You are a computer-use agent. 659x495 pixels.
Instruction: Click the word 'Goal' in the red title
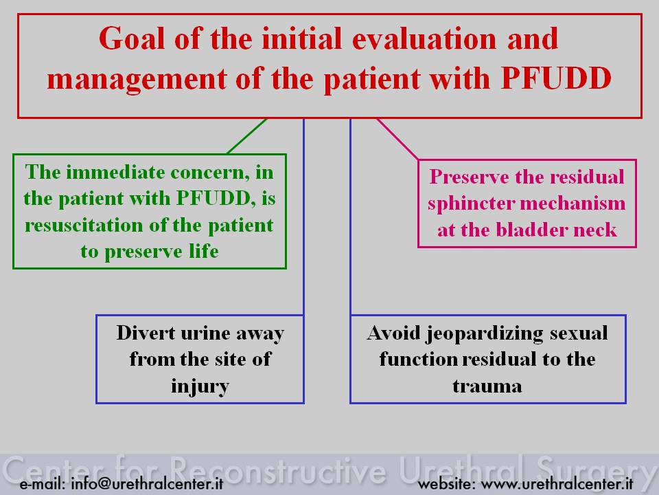131,38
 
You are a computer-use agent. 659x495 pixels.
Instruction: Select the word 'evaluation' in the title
424,38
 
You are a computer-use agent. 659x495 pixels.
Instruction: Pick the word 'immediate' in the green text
115,172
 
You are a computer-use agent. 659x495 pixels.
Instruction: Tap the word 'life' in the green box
203,252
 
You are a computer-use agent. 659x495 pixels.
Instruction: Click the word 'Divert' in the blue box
146,333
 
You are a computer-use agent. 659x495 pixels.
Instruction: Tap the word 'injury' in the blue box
200,387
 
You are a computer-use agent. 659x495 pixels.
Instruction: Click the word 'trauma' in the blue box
487,386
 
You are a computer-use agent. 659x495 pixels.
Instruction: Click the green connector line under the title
246,136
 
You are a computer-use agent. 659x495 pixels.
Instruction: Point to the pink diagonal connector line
397,139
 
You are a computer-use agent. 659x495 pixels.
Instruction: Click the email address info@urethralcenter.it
147,483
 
